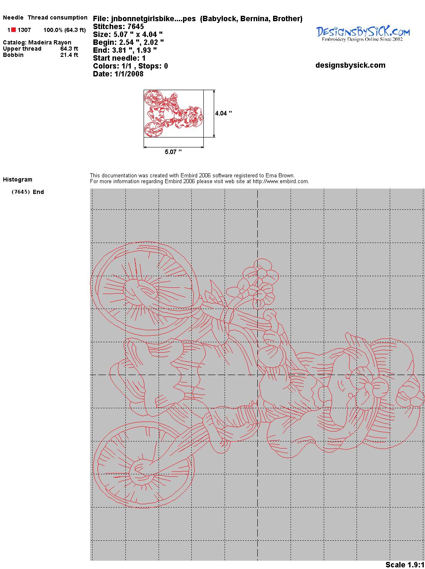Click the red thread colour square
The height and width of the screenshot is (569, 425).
[x=13, y=30]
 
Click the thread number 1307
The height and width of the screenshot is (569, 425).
[x=24, y=30]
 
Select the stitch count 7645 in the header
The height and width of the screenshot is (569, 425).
[x=135, y=27]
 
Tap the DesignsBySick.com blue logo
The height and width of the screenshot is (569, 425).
[x=363, y=34]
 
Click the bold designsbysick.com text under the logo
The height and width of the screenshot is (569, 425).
[x=350, y=65]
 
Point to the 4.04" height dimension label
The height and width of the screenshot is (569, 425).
[x=224, y=113]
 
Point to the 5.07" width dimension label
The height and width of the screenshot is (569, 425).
[x=173, y=152]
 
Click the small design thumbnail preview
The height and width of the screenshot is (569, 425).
[x=173, y=113]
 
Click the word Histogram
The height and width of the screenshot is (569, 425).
[x=17, y=179]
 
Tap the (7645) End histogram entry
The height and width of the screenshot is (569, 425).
[x=28, y=192]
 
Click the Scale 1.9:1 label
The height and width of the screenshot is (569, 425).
[x=405, y=564]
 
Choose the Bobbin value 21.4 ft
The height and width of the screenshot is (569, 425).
[x=69, y=55]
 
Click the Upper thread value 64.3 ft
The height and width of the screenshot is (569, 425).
[x=69, y=49]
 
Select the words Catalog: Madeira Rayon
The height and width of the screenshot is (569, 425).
[x=37, y=42]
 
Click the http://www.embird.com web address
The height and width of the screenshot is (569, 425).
[x=281, y=181]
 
